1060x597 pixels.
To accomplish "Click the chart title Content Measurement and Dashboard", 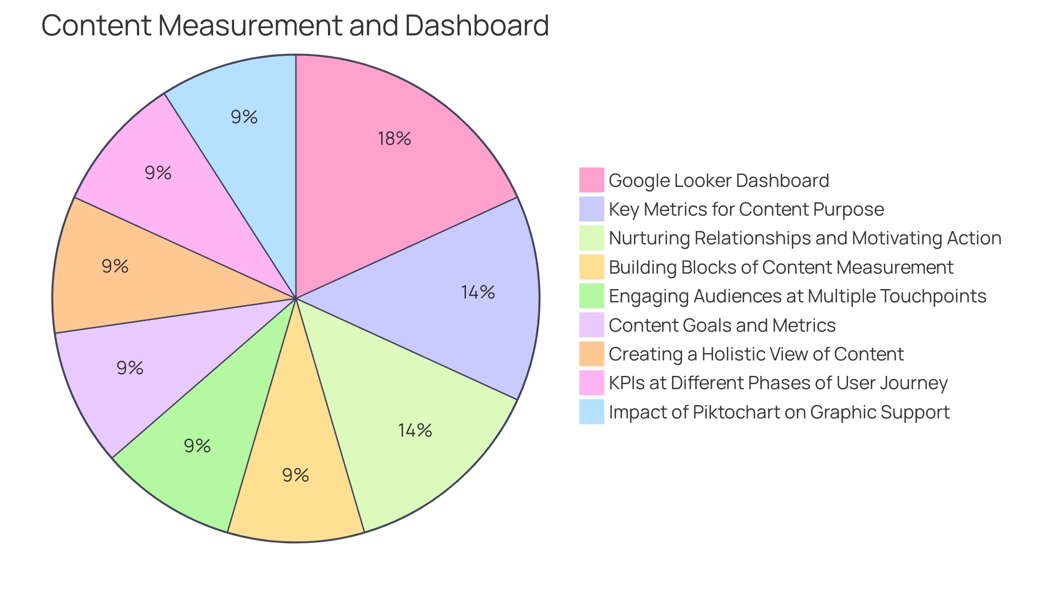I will click(295, 25).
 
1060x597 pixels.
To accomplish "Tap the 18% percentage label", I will click(394, 138).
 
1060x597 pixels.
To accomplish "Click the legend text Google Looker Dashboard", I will click(718, 180).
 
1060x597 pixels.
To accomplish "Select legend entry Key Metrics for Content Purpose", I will click(746, 209).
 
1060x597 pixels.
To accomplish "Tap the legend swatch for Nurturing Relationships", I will click(591, 238).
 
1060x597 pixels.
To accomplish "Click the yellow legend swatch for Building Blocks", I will click(591, 267).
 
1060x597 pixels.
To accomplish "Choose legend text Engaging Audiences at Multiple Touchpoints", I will click(797, 296).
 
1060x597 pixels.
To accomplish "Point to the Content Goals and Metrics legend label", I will click(722, 325).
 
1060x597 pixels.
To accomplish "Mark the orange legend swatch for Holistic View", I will click(591, 354).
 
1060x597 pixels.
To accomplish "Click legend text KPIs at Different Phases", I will click(778, 383).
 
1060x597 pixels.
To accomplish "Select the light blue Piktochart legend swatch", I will click(591, 412).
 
